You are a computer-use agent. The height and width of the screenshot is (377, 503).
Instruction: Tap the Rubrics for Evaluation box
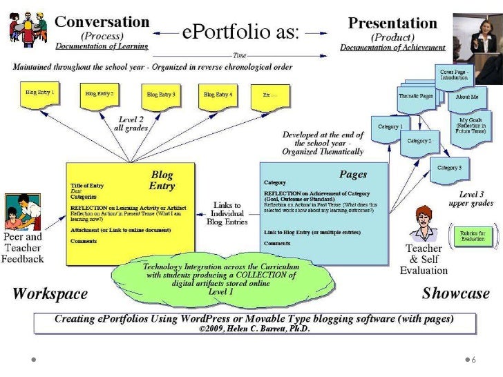coord(472,235)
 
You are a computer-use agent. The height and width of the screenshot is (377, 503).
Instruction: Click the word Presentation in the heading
coord(392,23)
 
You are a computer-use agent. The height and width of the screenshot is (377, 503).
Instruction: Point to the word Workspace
coord(50,294)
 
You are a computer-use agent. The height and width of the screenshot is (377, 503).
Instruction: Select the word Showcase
coord(455,293)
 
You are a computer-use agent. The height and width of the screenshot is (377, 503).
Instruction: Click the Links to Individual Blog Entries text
coord(227,213)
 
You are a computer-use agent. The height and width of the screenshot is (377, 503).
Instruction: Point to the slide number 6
coord(473,360)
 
